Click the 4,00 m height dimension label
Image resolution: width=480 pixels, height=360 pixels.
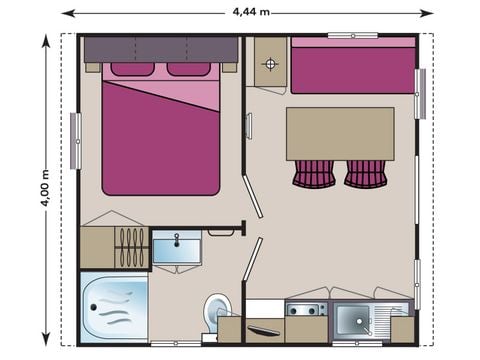pyautogui.click(x=46, y=188)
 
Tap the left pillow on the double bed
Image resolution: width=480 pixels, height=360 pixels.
pyautogui.click(x=132, y=69)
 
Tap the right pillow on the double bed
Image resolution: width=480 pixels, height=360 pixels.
pyautogui.click(x=188, y=69)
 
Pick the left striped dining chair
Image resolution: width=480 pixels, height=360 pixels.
pyautogui.click(x=314, y=173)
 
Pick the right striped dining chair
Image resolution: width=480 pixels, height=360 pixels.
pyautogui.click(x=365, y=173)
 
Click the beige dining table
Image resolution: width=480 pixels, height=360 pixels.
pyautogui.click(x=340, y=133)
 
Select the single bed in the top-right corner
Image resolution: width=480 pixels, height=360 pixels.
pyautogui.click(x=353, y=68)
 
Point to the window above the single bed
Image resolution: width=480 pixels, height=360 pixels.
pyautogui.click(x=352, y=35)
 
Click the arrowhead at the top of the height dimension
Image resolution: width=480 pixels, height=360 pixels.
pyautogui.click(x=46, y=41)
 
